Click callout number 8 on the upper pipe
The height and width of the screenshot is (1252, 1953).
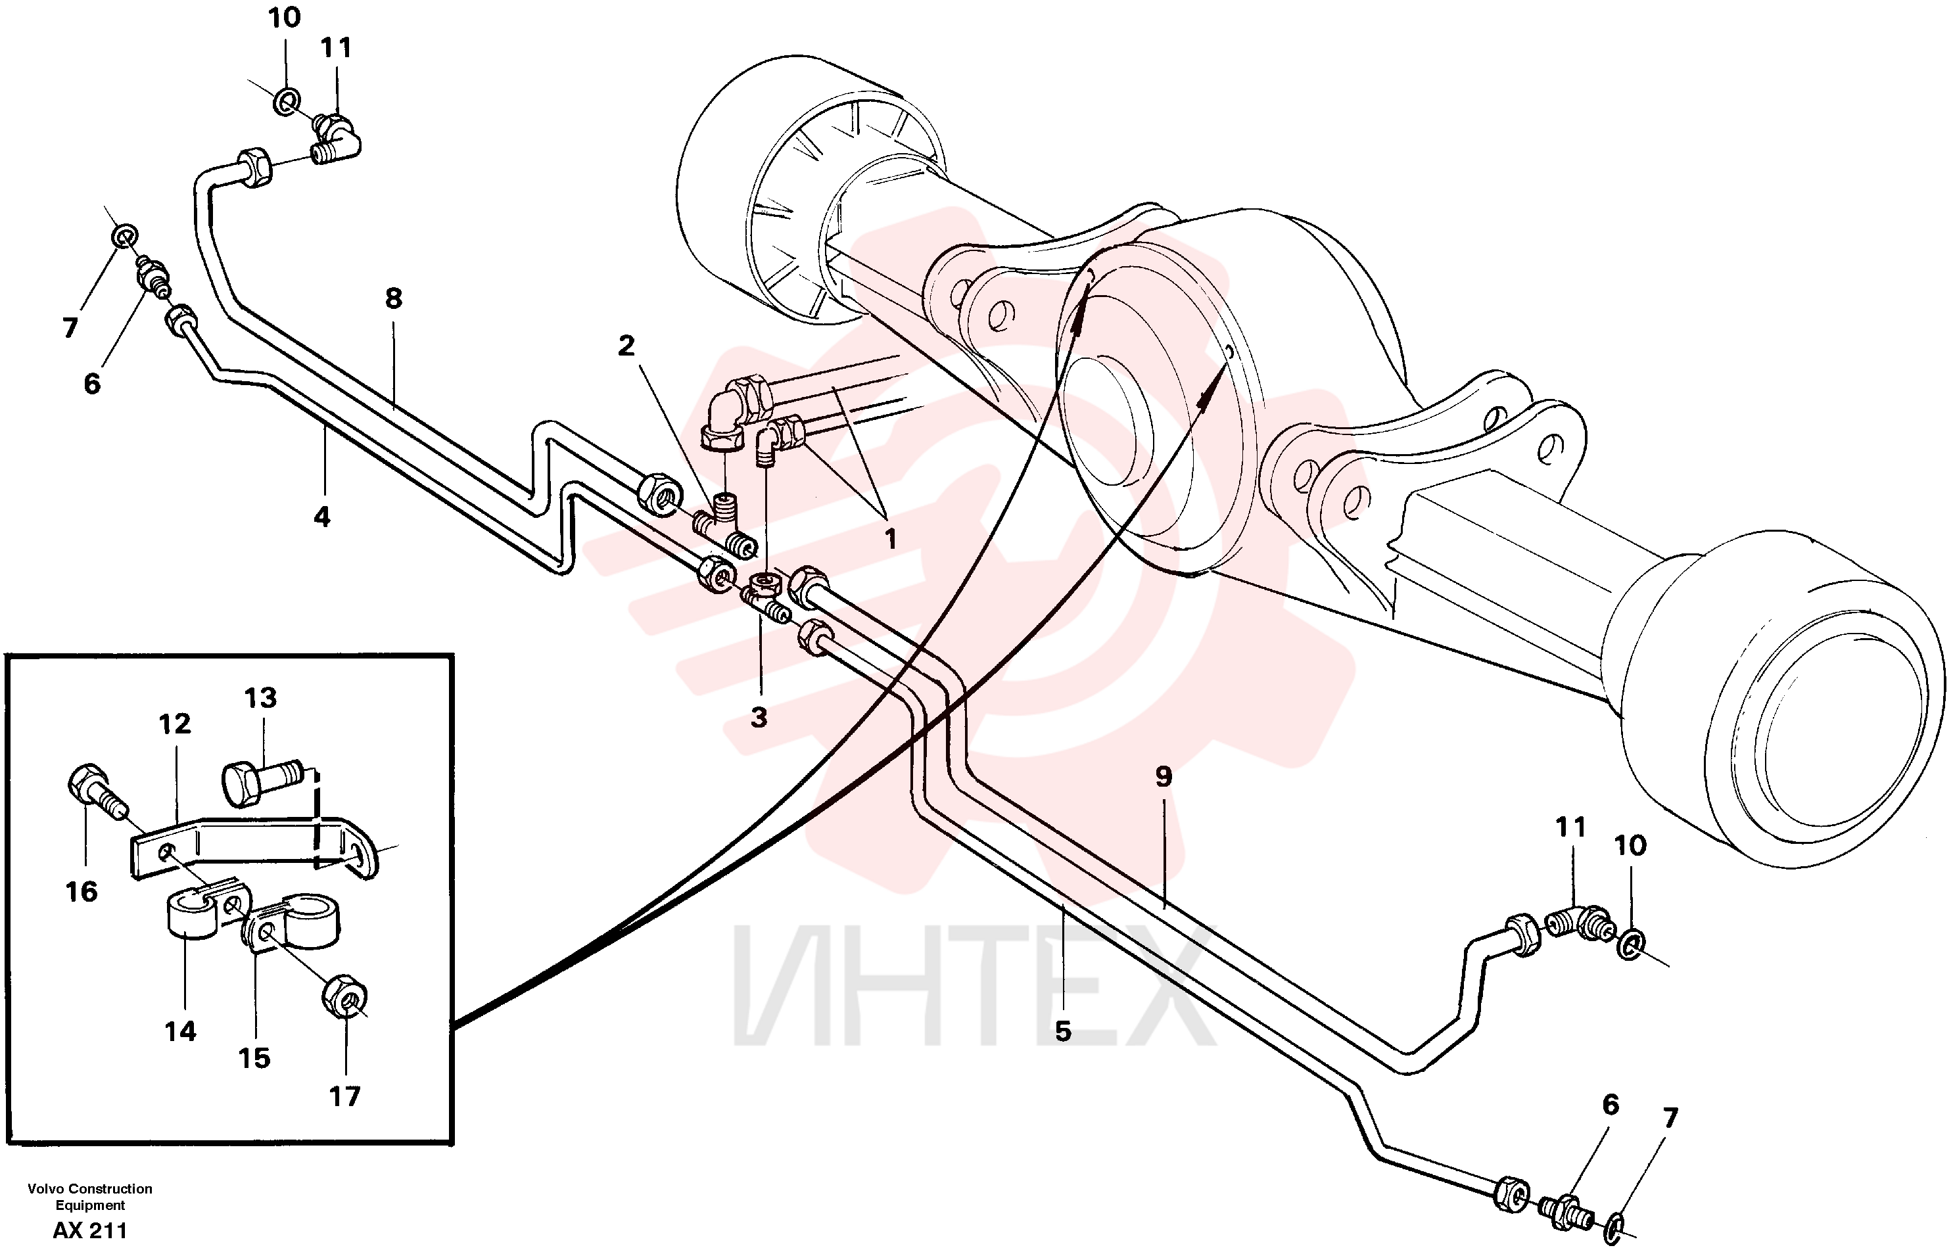394,299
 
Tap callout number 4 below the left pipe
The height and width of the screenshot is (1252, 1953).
322,517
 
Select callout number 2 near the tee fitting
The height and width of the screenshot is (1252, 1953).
625,346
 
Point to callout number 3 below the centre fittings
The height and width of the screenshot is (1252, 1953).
759,717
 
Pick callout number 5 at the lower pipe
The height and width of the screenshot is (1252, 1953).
1063,1031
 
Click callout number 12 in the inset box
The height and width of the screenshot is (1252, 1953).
175,723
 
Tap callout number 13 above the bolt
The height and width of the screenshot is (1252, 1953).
260,697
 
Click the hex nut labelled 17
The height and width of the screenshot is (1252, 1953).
346,994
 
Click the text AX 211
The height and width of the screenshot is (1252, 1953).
90,1230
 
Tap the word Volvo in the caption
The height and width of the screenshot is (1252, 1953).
45,1189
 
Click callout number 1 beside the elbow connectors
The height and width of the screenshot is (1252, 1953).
890,538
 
